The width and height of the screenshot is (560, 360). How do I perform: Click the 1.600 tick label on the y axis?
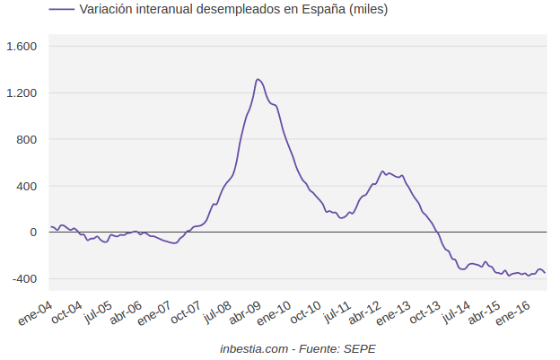coord(22,47)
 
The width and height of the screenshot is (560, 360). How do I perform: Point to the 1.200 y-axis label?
coord(22,93)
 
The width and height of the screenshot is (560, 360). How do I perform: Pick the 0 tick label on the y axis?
coord(33,233)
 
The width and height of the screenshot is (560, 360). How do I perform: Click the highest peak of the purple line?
coord(258,79)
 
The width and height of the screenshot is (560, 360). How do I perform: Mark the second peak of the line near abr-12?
coord(383,171)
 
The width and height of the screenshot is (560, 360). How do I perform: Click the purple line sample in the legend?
coord(62,9)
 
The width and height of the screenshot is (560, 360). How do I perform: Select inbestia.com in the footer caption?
coord(255,348)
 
